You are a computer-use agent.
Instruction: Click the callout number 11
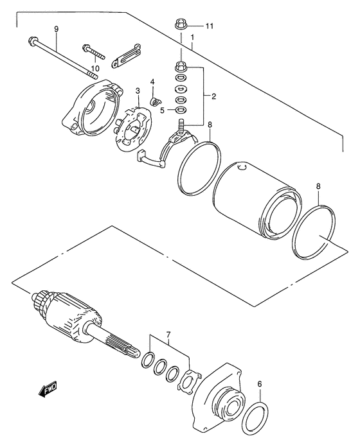209,26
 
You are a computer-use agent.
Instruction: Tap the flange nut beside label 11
181,26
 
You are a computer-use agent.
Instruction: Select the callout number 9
56,30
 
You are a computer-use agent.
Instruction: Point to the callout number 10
94,68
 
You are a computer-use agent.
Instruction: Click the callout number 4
152,82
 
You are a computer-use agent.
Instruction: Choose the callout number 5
163,109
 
